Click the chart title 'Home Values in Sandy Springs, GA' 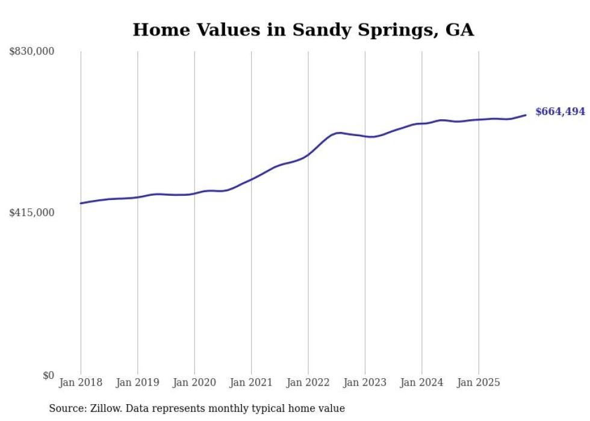click(303, 30)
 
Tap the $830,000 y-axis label click(32, 52)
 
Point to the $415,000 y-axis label click(32, 213)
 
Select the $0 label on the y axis click(48, 375)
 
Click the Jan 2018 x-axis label click(81, 382)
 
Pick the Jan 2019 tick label click(137, 382)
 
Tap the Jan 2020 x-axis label click(194, 382)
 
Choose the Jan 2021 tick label click(251, 382)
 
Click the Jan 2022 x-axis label click(308, 382)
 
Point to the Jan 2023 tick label click(365, 382)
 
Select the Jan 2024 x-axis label click(422, 382)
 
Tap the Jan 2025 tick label click(479, 382)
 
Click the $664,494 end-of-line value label click(560, 111)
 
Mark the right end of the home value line click(526, 115)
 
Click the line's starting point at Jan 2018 click(81, 203)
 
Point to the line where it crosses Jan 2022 click(308, 154)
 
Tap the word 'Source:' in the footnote click(67, 408)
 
